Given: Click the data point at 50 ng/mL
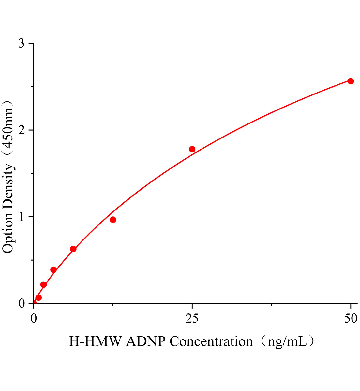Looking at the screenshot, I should (351, 81).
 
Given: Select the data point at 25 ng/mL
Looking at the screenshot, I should (192, 149).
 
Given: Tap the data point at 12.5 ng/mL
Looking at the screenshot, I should (113, 220).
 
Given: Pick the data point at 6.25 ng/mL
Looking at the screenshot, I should (73, 249).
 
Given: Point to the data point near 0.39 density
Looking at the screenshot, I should (53, 270).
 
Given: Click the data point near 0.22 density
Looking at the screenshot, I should (43, 284).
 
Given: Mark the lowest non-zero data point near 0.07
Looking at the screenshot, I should (38, 297).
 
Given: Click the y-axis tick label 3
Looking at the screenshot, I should (22, 44).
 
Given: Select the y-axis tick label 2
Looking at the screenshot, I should (22, 130).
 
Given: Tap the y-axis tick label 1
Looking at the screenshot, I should (22, 217).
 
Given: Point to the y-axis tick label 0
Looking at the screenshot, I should (22, 304).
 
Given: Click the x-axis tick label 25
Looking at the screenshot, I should (192, 319).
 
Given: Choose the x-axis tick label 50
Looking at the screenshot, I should (351, 319).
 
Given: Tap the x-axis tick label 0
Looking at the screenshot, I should (34, 319).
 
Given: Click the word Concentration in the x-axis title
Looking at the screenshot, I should (211, 341).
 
